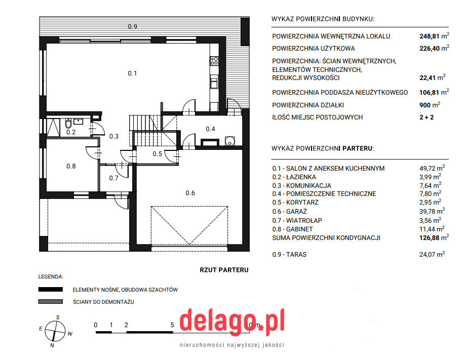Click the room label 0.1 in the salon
pos(132,73)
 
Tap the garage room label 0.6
pos(190,193)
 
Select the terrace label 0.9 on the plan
pos(132,27)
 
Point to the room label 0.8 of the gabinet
pos(71,166)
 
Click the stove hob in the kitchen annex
pos(214,61)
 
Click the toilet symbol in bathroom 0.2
pos(68,123)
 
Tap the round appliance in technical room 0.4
pos(229,141)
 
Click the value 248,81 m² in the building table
pos(434,36)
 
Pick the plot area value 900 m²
pos(430,105)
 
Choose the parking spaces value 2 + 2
pos(427,117)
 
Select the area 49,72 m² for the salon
pos(432,168)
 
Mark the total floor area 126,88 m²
pos(434,237)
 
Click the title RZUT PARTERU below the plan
pos(224,270)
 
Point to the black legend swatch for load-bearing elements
pos(50,289)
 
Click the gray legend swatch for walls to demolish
pos(50,301)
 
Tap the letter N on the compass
pos(52,345)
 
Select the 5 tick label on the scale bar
pos(172,325)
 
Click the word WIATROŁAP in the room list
pos(304,220)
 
